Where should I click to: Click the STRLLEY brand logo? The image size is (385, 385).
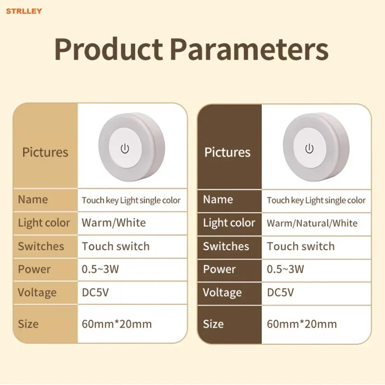(24, 11)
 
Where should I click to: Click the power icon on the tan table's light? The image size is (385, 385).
(125, 149)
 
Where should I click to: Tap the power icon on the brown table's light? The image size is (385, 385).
(309, 149)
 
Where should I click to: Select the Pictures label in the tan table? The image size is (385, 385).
(45, 152)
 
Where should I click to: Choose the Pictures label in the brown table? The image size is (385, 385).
(227, 152)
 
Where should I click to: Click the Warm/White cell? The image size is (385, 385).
(114, 223)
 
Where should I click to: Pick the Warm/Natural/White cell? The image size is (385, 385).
(312, 223)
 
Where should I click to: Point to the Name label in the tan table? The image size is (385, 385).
(33, 199)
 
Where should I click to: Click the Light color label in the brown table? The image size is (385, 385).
(229, 223)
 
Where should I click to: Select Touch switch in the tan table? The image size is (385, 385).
(115, 246)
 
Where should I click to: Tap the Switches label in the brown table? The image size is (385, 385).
(226, 246)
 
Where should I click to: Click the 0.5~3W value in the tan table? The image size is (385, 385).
(100, 269)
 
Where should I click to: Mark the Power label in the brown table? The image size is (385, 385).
(219, 269)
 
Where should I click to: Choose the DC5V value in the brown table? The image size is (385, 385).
(280, 293)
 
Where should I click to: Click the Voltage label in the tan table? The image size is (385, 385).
(37, 293)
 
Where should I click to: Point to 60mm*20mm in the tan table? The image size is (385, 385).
(116, 324)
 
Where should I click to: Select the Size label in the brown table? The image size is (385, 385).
(213, 324)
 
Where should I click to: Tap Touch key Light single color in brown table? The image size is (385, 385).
(316, 200)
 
